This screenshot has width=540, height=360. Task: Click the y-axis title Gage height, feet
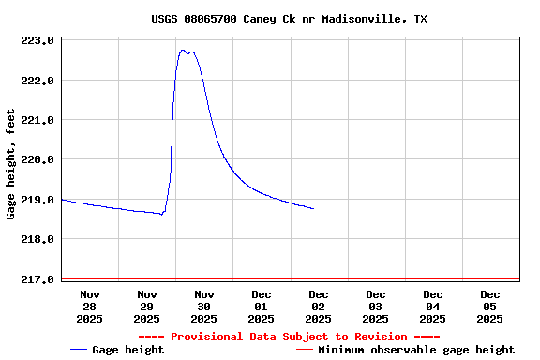[x=11, y=164]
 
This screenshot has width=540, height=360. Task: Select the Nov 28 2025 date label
[x=90, y=307]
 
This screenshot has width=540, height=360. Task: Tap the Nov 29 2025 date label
[x=147, y=307]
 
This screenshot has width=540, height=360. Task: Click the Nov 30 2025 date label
[x=204, y=307]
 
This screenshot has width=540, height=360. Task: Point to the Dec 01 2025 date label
[x=262, y=307]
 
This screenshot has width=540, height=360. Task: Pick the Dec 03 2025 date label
[x=376, y=307]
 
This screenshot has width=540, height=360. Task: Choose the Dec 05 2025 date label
[x=490, y=307]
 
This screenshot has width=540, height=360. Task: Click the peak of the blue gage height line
[x=184, y=51]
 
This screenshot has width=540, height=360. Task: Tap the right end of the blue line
[x=313, y=208]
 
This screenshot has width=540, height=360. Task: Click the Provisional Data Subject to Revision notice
[x=289, y=337]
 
